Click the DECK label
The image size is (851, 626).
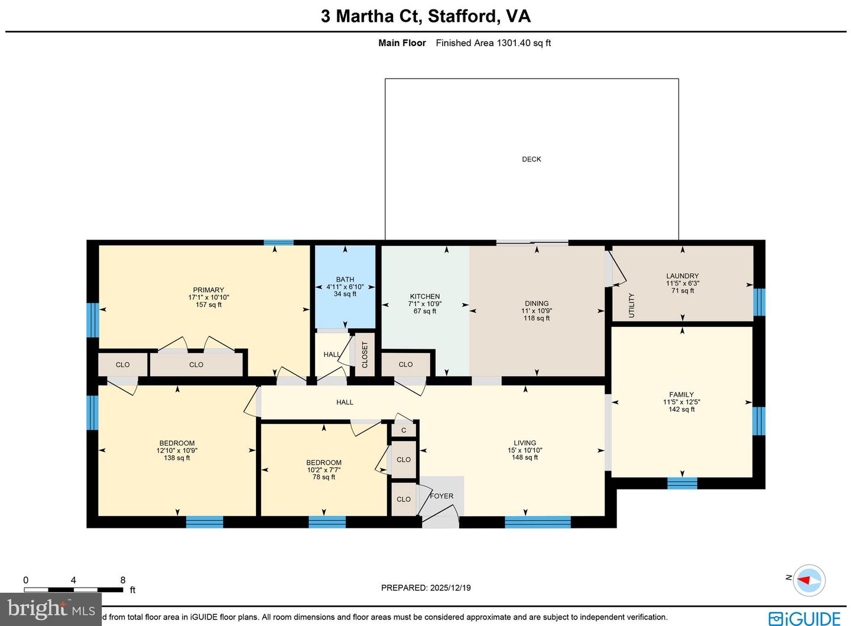[x=531, y=159]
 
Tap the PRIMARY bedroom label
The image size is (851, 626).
[x=208, y=290]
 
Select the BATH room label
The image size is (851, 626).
[x=345, y=280]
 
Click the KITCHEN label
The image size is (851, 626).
[x=425, y=297]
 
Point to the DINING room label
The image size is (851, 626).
[x=536, y=303]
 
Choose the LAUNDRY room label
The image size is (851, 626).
[x=682, y=276]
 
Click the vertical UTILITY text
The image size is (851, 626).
[x=631, y=305]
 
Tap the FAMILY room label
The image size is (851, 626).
[x=681, y=394]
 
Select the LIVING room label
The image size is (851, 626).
[x=525, y=443]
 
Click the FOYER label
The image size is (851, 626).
[x=441, y=496]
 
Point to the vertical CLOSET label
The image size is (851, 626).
[x=365, y=355]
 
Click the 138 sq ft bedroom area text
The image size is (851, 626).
[x=177, y=458]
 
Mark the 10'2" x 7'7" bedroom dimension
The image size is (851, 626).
[x=324, y=470]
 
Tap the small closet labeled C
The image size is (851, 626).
[x=404, y=430]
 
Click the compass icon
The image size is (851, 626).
[x=809, y=579]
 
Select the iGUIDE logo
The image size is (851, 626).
[x=804, y=618]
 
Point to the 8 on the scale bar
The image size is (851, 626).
[x=123, y=580]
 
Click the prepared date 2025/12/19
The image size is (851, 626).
[x=450, y=588]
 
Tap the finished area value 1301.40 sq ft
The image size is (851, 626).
[x=524, y=43]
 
